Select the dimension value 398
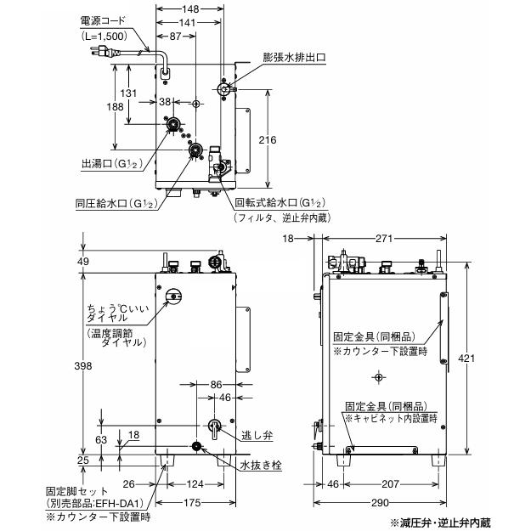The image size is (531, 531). pos(82,364)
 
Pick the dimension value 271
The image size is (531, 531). pos(382,240)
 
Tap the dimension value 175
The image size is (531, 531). pos(192,503)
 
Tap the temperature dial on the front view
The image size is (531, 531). pos(174,296)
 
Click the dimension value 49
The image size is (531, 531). pos(82,261)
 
